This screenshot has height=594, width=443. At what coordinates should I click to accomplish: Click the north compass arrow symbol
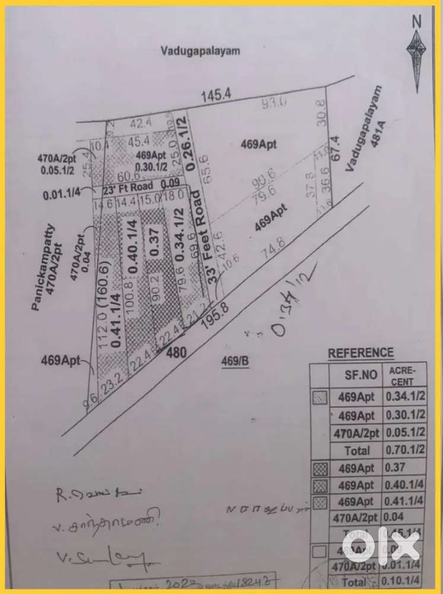[x=417, y=50]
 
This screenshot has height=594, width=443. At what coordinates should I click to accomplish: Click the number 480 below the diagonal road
[x=176, y=352]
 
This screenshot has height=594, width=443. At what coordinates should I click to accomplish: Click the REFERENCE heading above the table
[x=361, y=353]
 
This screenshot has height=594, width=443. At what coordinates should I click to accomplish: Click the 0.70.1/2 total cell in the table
[x=406, y=450]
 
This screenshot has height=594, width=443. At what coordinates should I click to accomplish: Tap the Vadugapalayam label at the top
[x=200, y=50]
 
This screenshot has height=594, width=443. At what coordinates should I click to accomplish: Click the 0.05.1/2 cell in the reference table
[x=406, y=433]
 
